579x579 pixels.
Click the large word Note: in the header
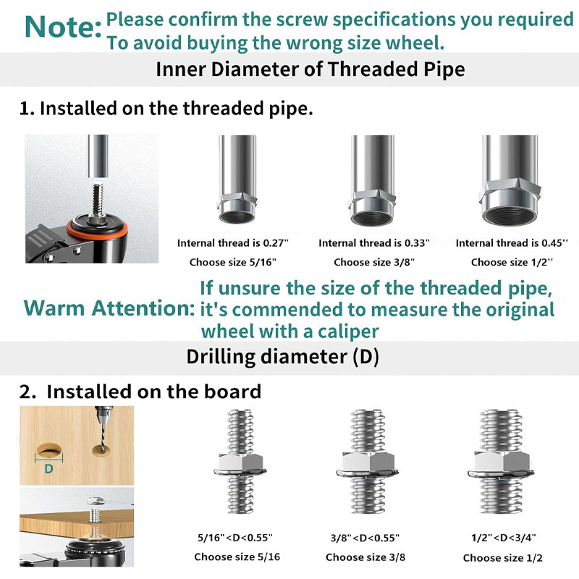[x=63, y=27]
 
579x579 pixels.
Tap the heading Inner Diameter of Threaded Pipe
[x=310, y=69]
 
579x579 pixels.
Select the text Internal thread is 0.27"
[x=232, y=243]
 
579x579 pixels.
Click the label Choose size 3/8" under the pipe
[x=374, y=262]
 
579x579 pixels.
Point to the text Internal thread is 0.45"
[x=512, y=243]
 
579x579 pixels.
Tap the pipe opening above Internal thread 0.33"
[x=371, y=219]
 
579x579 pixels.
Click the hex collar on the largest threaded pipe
[x=510, y=190]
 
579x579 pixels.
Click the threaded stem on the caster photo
[x=97, y=201]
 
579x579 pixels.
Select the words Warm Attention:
[x=109, y=308]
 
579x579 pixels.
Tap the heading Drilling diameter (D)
[x=282, y=357]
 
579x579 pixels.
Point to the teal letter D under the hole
[x=48, y=469]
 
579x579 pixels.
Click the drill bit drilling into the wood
[x=102, y=428]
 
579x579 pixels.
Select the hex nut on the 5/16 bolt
[x=240, y=462]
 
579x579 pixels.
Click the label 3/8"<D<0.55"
[x=365, y=538]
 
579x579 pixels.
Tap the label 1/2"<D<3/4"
[x=503, y=538]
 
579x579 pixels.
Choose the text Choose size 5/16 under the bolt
[x=237, y=557]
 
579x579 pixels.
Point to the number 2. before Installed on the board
[x=28, y=392]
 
